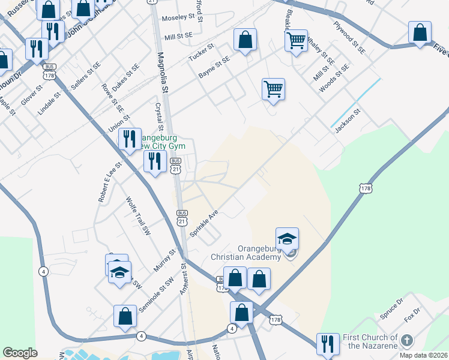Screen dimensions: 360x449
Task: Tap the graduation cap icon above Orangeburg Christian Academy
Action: tap(287, 238)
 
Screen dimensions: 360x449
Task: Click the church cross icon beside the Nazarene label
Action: tap(406, 341)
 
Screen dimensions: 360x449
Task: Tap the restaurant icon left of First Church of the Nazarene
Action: tap(328, 343)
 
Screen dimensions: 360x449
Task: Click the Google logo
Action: tap(20, 353)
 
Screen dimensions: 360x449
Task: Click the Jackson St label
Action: tap(345, 118)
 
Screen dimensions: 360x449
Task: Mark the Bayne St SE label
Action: tap(214, 68)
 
